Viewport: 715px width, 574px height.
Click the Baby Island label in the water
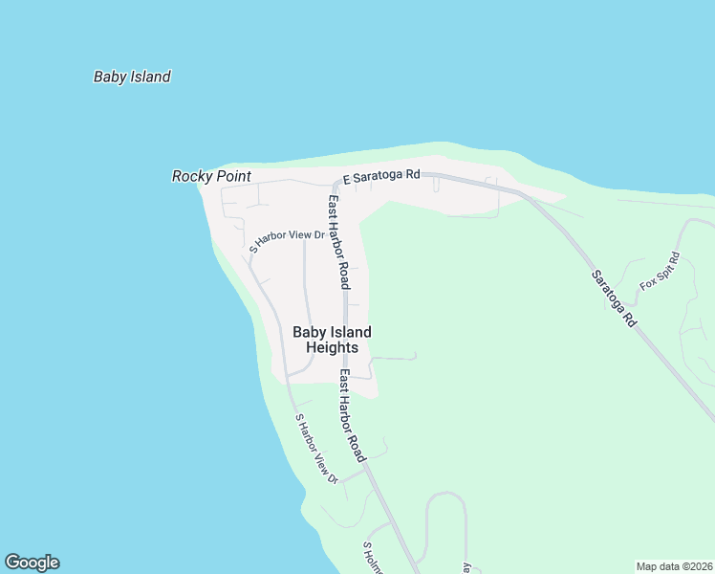[x=132, y=77]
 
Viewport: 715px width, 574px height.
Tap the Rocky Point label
[x=211, y=176]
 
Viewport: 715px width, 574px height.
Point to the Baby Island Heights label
[x=332, y=340]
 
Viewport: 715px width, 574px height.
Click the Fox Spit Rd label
[x=661, y=271]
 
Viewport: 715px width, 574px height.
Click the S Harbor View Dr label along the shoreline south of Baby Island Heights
[x=317, y=447]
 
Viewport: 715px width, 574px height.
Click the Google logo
[x=32, y=563]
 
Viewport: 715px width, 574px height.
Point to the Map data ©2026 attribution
[x=673, y=565]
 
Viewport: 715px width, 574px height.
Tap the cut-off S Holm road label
[x=372, y=558]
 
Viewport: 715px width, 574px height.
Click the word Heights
[x=332, y=348]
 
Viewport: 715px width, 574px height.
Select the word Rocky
[x=191, y=176]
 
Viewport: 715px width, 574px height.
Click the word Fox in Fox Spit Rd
[x=648, y=282]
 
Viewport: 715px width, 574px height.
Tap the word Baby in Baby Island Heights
[x=309, y=332]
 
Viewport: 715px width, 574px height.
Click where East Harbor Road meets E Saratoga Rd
[x=337, y=180]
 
